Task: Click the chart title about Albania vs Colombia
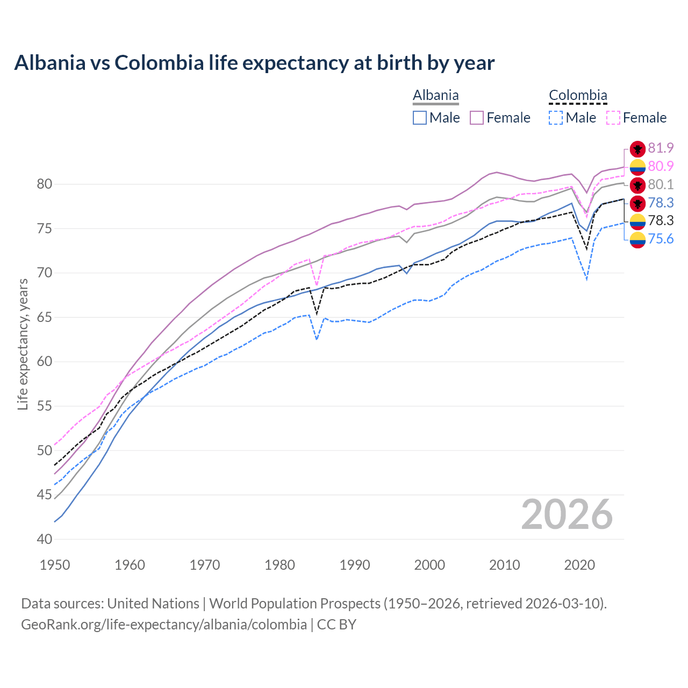click(254, 63)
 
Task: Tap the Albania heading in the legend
click(435, 96)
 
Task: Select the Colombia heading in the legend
click(578, 96)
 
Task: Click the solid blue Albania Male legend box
click(420, 118)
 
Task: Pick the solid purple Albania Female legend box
click(477, 118)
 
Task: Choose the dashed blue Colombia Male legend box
click(556, 118)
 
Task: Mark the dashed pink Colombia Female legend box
click(613, 118)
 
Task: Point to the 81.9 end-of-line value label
click(661, 148)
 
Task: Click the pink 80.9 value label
click(661, 167)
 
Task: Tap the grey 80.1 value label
click(661, 185)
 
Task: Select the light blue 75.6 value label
click(661, 239)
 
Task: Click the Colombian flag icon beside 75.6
click(637, 240)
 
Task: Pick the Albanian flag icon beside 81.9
click(637, 149)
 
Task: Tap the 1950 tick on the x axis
click(55, 565)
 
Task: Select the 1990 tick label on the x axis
click(355, 565)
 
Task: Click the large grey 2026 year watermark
click(567, 514)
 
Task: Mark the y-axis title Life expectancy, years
click(23, 344)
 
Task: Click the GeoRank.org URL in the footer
click(164, 625)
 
